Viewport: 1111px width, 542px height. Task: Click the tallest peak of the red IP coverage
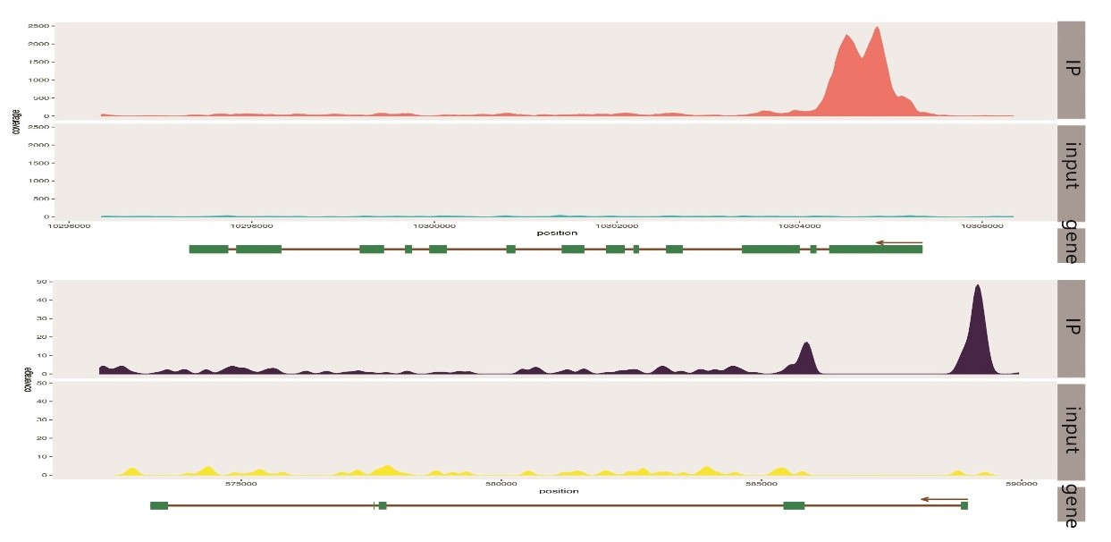point(878,29)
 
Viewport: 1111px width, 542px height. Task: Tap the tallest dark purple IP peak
point(978,287)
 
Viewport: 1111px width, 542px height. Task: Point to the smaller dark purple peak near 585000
point(806,343)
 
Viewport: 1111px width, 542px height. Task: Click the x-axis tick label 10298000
point(252,225)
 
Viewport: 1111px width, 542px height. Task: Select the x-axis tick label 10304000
point(798,225)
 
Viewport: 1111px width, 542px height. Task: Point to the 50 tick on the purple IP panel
point(41,282)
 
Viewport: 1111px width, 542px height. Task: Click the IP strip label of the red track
point(1072,68)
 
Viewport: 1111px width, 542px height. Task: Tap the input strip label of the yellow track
point(1072,430)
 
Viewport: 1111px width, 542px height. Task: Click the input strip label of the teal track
point(1072,165)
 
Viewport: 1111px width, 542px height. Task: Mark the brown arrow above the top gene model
point(898,241)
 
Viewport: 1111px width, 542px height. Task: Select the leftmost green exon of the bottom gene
point(159,506)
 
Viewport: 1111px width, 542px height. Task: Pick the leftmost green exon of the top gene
point(208,249)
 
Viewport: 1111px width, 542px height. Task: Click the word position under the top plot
point(557,233)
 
